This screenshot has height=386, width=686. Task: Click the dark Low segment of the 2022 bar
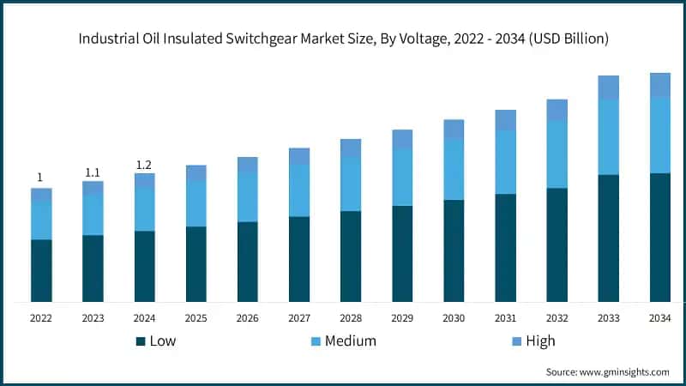click(41, 270)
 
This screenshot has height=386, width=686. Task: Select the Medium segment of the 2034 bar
click(659, 135)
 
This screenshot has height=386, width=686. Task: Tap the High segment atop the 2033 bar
click(608, 87)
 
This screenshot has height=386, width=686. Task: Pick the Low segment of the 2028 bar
click(351, 256)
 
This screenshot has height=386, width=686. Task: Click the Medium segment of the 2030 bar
click(454, 169)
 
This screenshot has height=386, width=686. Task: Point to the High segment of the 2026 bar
click(248, 164)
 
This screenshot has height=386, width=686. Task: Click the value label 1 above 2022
click(40, 178)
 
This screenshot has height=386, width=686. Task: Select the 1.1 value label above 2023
click(93, 172)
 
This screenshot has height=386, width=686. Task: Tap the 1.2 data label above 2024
click(144, 165)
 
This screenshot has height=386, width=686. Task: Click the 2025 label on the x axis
click(196, 317)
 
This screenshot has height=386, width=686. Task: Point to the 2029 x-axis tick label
click(402, 317)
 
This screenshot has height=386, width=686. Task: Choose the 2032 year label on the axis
click(557, 317)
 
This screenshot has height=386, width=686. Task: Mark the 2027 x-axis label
click(299, 317)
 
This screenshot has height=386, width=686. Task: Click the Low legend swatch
click(141, 341)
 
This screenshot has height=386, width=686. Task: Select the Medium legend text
click(349, 341)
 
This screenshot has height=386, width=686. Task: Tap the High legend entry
click(540, 341)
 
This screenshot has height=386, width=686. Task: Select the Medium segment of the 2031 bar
click(505, 162)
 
